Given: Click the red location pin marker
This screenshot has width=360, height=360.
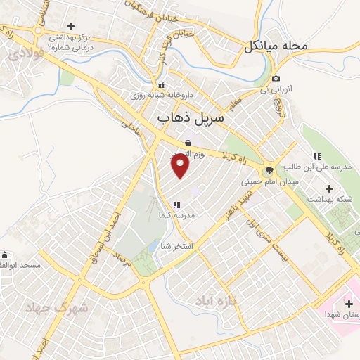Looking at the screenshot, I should click(181, 165).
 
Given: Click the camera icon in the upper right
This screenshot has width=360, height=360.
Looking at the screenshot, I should click(276, 78).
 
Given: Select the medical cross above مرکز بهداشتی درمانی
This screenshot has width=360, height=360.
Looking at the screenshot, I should click(70, 26).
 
